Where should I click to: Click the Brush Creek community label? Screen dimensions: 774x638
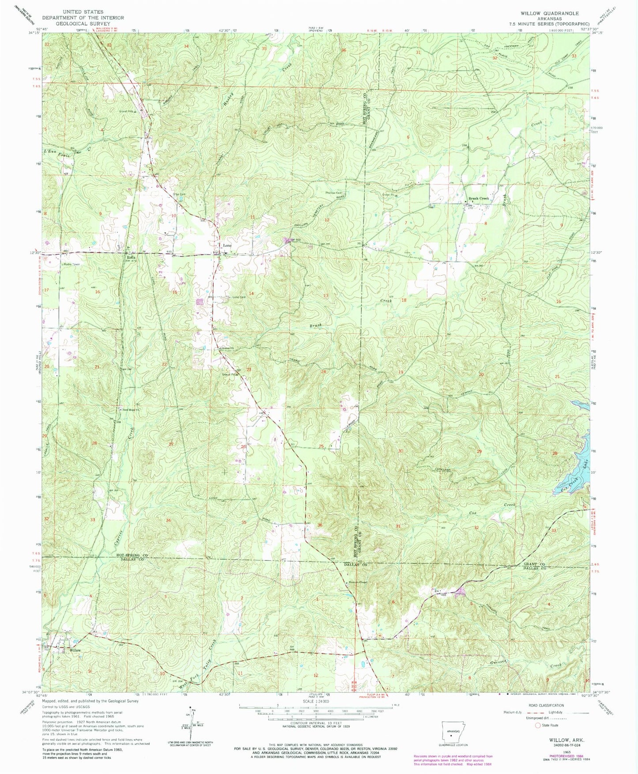479,199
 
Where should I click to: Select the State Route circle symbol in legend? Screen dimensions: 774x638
538,725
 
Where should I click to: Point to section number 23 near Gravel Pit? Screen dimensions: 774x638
249,370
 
